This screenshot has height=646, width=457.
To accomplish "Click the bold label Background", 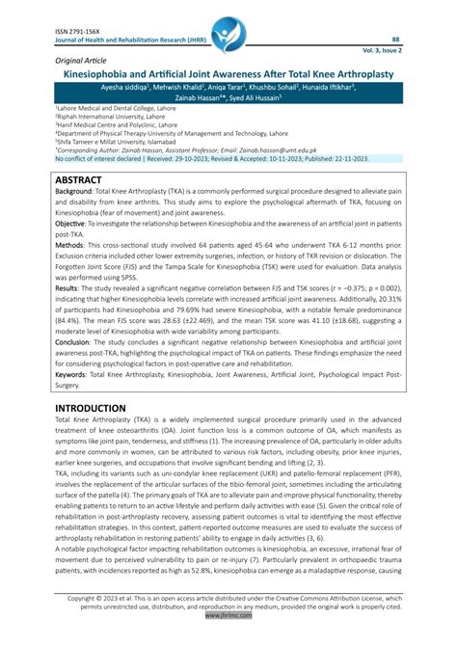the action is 73,194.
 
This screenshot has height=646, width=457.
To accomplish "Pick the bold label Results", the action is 67,287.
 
